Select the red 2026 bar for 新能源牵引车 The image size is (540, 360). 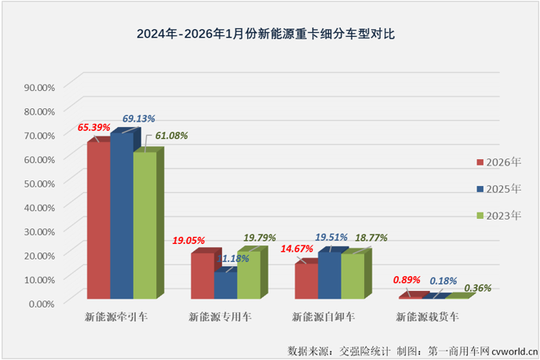coord(97,220)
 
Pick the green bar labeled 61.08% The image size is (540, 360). coord(144,225)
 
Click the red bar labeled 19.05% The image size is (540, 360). coord(202,275)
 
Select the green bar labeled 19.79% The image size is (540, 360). coord(248,275)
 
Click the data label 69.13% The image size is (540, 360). coord(138,118)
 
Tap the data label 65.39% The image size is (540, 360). coord(93,126)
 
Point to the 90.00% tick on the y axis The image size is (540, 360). coord(39,86)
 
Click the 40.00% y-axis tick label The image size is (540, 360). coord(39,207)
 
